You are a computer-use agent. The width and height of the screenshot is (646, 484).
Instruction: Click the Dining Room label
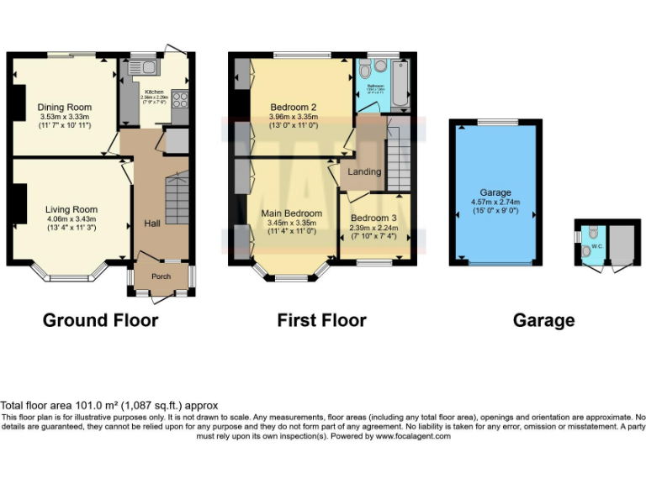coord(64,108)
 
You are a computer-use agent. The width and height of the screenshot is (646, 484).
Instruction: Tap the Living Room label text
coord(71,209)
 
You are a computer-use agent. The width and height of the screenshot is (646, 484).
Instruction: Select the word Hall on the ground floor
coord(152,224)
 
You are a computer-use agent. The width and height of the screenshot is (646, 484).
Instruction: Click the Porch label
coord(161,276)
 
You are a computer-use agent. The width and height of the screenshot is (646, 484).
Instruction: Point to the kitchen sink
coord(140,68)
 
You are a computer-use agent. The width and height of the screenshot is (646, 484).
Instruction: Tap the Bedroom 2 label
coord(293,108)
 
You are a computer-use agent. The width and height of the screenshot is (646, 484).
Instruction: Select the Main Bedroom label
coord(291,213)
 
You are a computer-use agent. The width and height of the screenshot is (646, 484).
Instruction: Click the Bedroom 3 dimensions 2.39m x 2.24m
coord(376,228)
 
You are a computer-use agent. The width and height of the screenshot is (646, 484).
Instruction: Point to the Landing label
coord(364,171)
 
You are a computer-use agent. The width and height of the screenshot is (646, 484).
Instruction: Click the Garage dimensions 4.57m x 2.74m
coord(495,202)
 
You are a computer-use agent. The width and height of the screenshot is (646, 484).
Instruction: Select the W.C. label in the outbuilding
coord(597,246)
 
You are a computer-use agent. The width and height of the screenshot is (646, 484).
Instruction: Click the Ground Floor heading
coord(100,320)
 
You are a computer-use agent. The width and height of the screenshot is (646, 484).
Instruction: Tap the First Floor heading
coord(322,320)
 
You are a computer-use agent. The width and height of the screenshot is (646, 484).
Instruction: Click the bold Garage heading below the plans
coord(544,320)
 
